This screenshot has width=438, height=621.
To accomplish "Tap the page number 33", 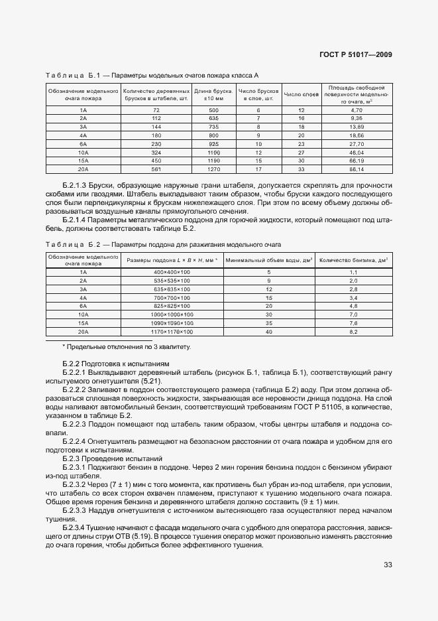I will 387,566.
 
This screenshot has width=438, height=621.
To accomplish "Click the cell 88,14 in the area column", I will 356,169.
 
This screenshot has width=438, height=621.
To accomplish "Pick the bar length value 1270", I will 213,169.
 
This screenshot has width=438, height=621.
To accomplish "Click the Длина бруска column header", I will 213,94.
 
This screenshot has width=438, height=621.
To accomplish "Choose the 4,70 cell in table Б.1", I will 356,109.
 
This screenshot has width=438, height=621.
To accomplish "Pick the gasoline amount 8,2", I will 353,331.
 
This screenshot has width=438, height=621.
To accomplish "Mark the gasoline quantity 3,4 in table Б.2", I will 353,298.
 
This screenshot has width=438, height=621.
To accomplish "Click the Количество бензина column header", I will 353,260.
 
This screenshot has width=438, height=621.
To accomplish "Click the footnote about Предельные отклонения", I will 125,347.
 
